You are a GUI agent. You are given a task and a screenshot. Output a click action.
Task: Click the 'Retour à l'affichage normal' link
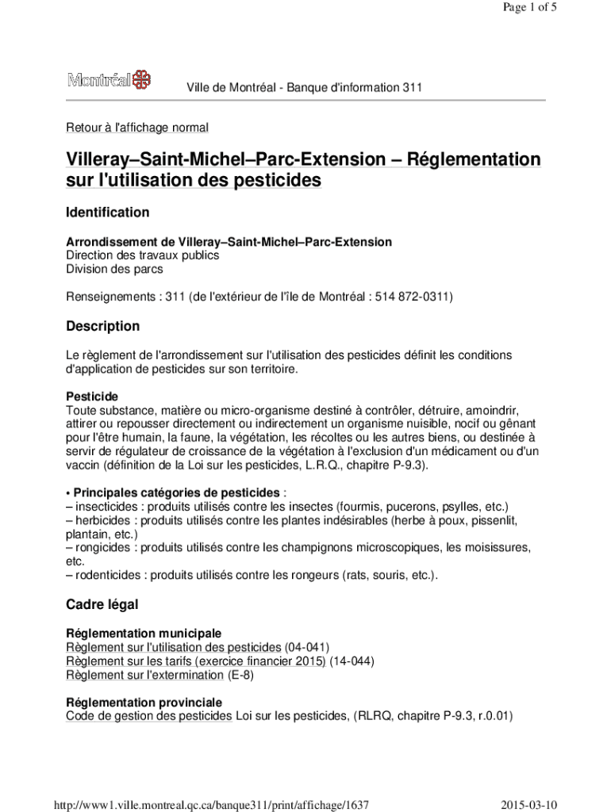(137, 127)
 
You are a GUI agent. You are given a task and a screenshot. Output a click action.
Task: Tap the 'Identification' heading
(107, 213)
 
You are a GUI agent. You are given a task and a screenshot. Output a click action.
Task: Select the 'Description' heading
(102, 327)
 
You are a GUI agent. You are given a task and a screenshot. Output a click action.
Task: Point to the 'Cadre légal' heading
(102, 605)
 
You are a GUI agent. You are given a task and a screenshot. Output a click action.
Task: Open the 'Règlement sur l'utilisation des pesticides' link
(173, 647)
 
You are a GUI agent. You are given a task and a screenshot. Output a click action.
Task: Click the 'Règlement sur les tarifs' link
(195, 661)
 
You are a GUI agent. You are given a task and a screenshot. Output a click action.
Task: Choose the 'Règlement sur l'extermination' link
(144, 676)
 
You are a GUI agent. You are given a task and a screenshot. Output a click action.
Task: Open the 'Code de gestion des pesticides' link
(149, 717)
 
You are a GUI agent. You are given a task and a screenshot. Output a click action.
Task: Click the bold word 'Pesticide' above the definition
(92, 396)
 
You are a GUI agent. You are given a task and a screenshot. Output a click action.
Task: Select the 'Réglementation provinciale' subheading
(144, 703)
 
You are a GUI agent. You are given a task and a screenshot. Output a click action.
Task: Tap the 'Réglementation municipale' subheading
(143, 634)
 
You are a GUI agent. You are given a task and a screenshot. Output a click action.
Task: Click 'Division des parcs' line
(114, 270)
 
